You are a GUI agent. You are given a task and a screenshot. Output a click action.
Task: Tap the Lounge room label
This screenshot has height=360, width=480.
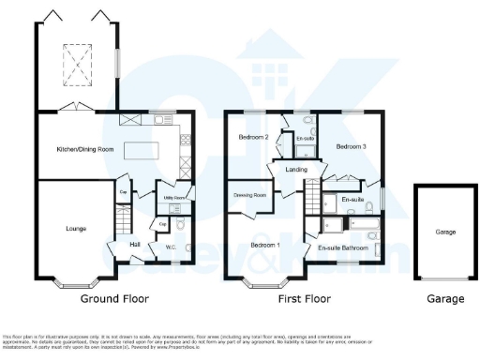point(63,228)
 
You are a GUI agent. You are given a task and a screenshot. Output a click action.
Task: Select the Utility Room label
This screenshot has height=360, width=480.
point(171,199)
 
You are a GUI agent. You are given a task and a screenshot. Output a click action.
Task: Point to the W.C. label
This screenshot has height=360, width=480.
point(172,247)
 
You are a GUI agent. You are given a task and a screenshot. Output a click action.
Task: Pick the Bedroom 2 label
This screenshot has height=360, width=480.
point(253,138)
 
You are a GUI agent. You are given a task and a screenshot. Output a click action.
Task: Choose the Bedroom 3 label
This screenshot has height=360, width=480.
point(352,147)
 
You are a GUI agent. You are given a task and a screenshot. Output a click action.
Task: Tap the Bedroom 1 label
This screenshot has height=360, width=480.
point(264,246)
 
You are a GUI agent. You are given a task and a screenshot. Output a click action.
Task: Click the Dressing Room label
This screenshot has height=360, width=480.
point(250,195)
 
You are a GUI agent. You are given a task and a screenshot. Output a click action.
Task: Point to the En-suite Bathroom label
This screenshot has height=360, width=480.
point(342,248)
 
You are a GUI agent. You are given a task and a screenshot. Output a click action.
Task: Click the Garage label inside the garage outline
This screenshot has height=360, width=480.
point(445,231)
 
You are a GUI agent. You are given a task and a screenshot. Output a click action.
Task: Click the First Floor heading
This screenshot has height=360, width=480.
point(304,299)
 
